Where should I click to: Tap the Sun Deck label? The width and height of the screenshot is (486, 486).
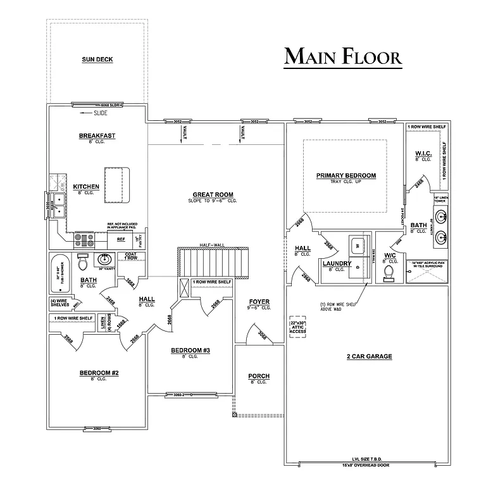coord(97,59)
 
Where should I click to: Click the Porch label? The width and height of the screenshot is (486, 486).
coord(258,377)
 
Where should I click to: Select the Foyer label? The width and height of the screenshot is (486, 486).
coord(259,302)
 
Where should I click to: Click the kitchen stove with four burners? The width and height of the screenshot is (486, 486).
coord(85,240)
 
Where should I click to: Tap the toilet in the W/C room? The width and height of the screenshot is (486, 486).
coord(389,272)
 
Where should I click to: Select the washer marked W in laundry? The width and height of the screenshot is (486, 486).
coord(356,242)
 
